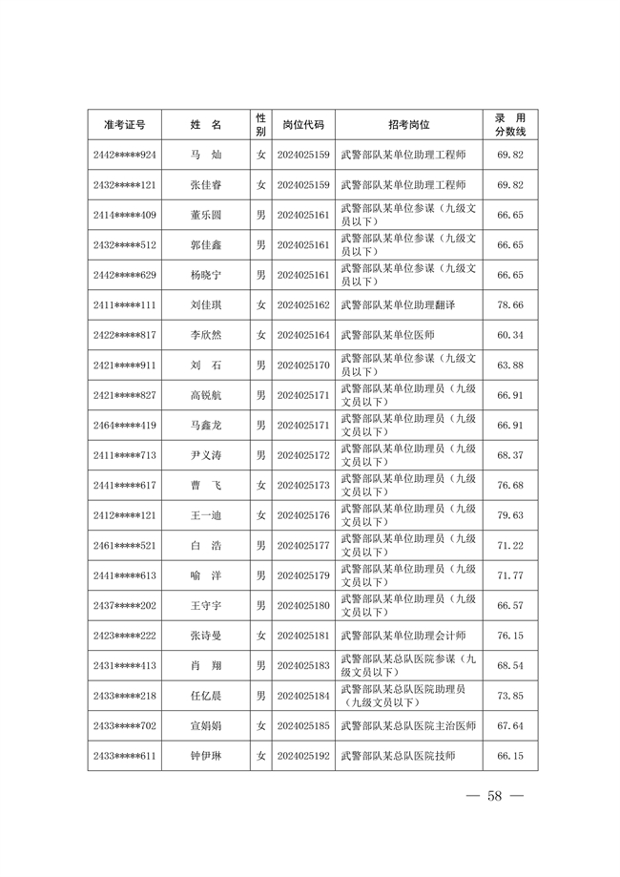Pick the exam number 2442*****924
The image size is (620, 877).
(x=125, y=155)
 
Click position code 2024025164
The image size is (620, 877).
(x=303, y=335)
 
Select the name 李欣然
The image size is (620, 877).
(x=206, y=335)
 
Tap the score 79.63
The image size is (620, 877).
(x=510, y=515)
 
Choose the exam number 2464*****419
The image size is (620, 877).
(x=125, y=425)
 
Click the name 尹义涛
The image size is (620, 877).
(x=206, y=455)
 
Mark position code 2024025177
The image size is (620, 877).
(x=303, y=545)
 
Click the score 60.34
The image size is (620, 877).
(x=510, y=335)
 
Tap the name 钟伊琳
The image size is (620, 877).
(x=206, y=756)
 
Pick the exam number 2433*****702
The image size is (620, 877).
(x=125, y=725)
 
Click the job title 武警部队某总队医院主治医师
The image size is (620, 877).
(x=408, y=725)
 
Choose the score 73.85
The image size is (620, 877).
(x=510, y=696)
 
